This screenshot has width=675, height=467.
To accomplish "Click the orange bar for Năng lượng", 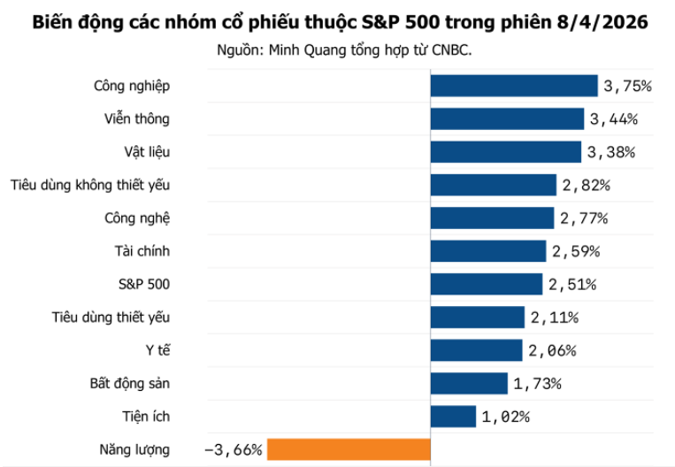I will tap(349, 449).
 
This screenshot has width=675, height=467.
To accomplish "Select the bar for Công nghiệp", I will tap(514, 86).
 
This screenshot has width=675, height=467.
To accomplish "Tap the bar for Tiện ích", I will tap(454, 417).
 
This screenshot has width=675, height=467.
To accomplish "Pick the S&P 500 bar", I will tap(486, 284).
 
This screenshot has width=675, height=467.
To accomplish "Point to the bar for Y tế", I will tap(476, 350).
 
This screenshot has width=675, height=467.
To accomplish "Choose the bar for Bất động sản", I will tap(469, 383).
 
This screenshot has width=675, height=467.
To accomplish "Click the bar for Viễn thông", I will tap(507, 119).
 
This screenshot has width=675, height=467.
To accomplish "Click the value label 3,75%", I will tap(627, 86).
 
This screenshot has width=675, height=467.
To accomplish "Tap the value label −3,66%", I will tap(233, 449).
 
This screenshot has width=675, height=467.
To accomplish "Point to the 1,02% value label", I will tap(505, 417).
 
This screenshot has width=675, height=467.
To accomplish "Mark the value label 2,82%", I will tap(585, 185).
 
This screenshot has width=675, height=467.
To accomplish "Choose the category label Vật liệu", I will tap(147, 152).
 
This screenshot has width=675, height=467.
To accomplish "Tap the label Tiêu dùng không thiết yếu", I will tap(90, 185).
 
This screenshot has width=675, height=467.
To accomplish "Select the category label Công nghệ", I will tap(136, 218).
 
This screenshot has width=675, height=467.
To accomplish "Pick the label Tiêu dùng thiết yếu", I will tap(111, 318).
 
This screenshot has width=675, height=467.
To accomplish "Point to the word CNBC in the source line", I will tap(450, 50).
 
